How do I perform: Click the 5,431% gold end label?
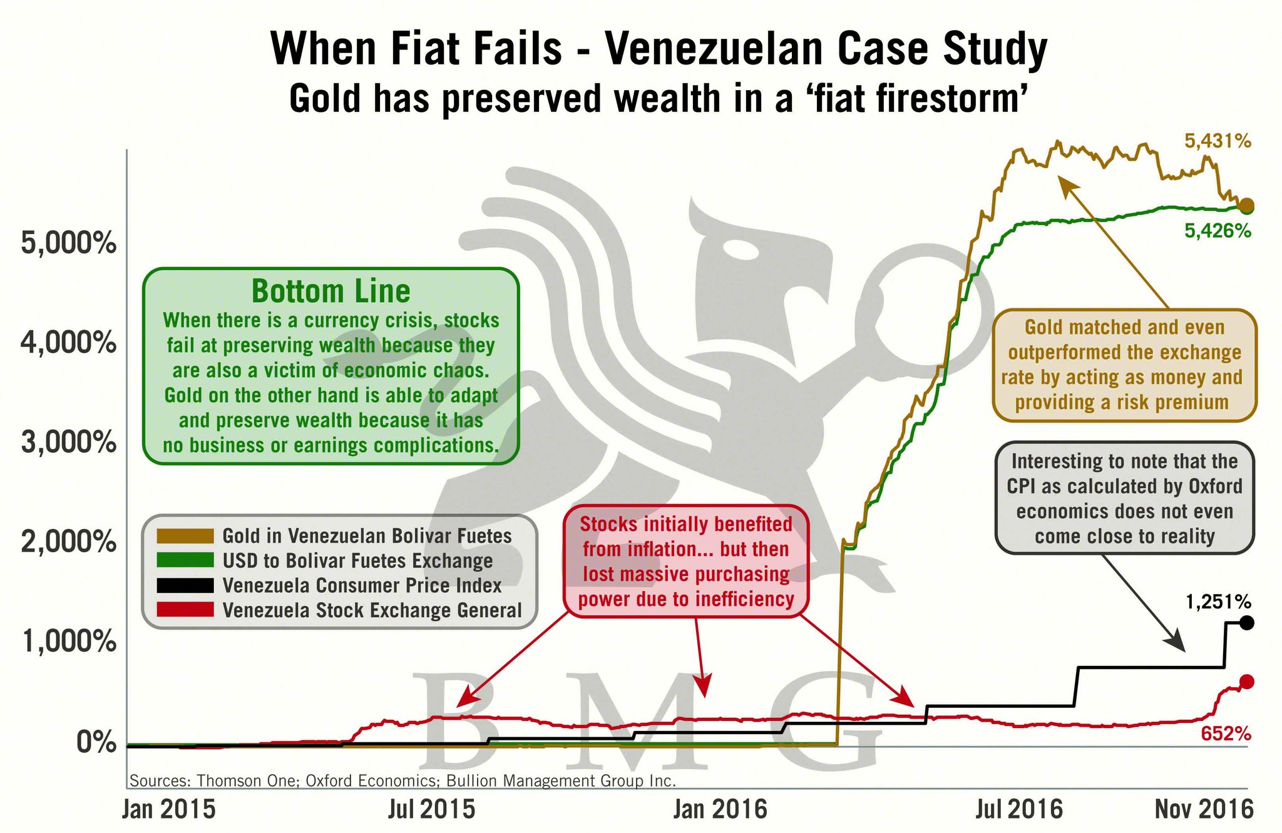(x=1218, y=141)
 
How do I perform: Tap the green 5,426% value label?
(x=1218, y=231)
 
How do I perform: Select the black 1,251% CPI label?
(x=1218, y=602)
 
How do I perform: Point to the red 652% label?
(x=1226, y=734)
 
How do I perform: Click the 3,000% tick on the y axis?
(x=69, y=443)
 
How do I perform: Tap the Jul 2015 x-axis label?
(x=431, y=809)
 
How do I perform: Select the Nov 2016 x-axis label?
(x=1204, y=809)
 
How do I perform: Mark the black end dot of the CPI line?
(x=1246, y=623)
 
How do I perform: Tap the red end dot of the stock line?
(x=1246, y=682)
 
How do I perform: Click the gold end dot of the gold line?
(x=1246, y=205)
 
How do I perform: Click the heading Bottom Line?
(x=331, y=291)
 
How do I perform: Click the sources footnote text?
(x=403, y=780)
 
